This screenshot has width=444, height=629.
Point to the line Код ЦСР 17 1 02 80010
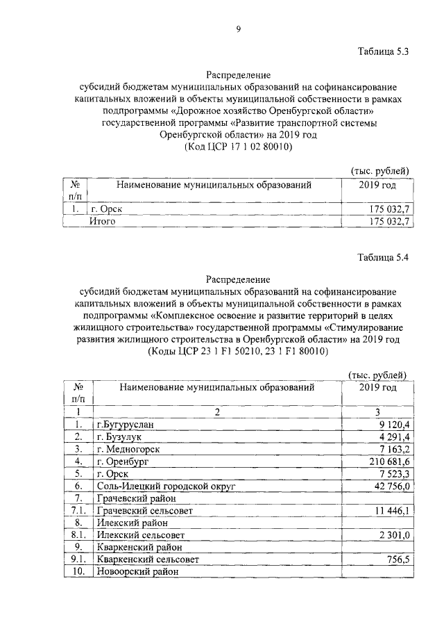pos(237,147)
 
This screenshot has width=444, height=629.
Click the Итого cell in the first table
pos(101,222)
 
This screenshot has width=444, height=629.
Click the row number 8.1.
pos(78,535)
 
